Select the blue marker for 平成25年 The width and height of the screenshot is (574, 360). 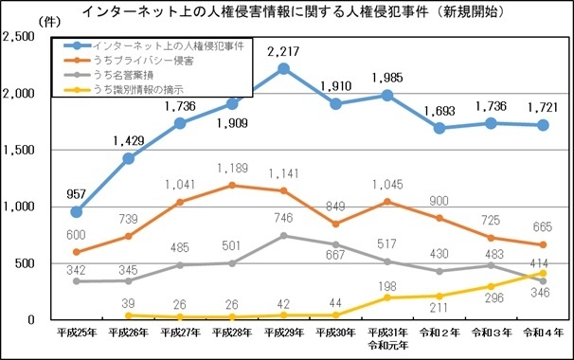77,211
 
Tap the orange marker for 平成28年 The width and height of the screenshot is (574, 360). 231,185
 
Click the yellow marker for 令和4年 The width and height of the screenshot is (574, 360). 542,273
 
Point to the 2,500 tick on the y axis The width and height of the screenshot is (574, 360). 21,37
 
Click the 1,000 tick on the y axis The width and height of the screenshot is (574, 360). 21,207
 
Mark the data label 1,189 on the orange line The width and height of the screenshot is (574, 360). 231,168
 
